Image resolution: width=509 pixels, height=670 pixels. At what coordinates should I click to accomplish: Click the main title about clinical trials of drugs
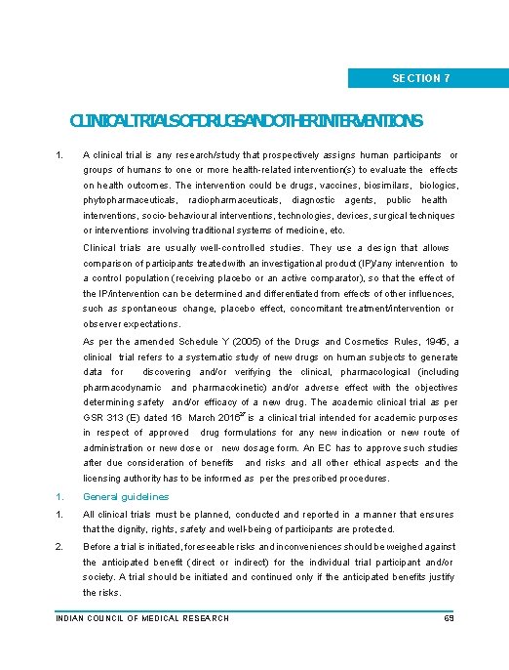pyautogui.click(x=247, y=122)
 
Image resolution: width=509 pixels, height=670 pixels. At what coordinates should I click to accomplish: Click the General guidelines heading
pyautogui.click(x=126, y=496)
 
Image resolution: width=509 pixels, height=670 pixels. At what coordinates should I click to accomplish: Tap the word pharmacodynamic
pyautogui.click(x=124, y=387)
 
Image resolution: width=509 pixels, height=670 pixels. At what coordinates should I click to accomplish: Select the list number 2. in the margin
pyautogui.click(x=59, y=547)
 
